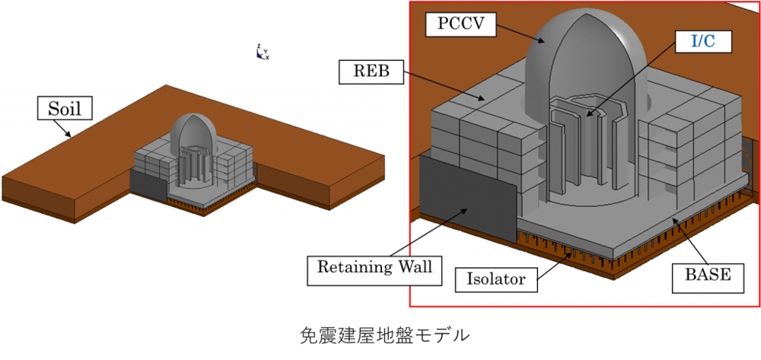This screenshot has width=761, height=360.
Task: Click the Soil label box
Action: [65, 109]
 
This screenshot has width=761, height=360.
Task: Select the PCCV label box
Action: [461, 24]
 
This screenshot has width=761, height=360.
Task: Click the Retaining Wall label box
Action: [374, 269]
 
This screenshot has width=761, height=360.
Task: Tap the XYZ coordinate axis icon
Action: [262, 52]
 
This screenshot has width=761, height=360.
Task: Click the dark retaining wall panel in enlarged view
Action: [468, 199]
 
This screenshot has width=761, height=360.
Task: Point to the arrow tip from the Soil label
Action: [72, 136]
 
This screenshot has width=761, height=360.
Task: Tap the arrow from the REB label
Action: [442, 87]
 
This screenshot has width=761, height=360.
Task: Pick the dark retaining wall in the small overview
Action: [148, 184]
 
